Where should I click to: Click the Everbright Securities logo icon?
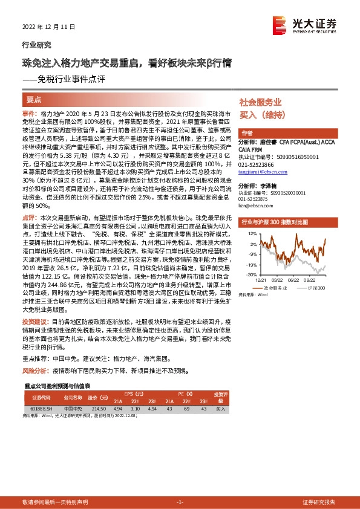[280, 24]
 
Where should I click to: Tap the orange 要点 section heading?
[34, 99]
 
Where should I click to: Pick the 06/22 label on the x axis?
[295, 279]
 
